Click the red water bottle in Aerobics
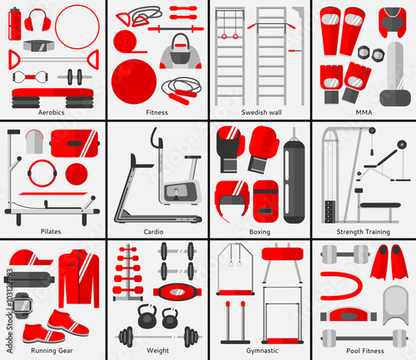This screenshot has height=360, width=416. pyautogui.click(x=15, y=24)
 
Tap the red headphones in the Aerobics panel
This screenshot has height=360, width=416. pyautogui.click(x=37, y=20)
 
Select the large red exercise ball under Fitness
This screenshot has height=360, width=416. pyautogui.click(x=134, y=81)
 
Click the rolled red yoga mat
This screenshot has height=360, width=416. pyautogui.click(x=126, y=42)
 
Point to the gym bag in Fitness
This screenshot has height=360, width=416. pyautogui.click(x=181, y=52)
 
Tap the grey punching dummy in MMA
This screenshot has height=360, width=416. pyautogui.click(x=395, y=74)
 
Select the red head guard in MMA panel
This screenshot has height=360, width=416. pyautogui.click(x=392, y=22)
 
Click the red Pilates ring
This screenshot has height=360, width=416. pyautogui.click(x=42, y=173)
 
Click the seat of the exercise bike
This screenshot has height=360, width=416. pyautogui.click(x=192, y=157)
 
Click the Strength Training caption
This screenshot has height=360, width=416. pyautogui.click(x=363, y=232)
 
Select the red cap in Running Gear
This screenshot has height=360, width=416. pyautogui.click(x=31, y=258)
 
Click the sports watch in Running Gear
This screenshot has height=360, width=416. pyautogui.click(x=22, y=306)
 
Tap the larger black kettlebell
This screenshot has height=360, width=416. pyautogui.click(x=147, y=317)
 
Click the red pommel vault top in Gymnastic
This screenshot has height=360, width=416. pyautogui.click(x=282, y=254)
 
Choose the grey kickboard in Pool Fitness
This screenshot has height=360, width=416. pyautogui.click(x=396, y=305)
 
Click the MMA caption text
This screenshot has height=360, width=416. pyautogui.click(x=364, y=112)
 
